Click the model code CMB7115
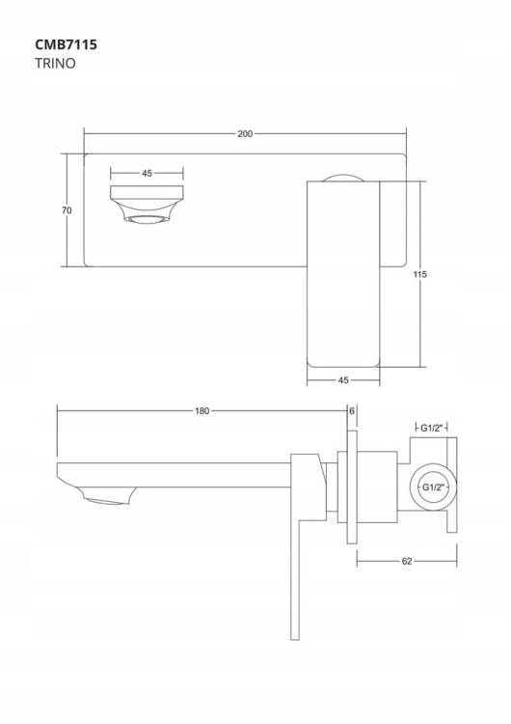(x=66, y=44)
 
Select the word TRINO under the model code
(x=55, y=64)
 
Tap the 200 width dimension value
(x=245, y=134)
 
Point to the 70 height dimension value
(x=67, y=210)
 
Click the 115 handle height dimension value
(x=420, y=274)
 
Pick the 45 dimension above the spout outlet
(x=147, y=174)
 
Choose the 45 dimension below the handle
(x=343, y=380)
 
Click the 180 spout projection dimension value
(x=202, y=410)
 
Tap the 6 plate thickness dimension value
(x=351, y=410)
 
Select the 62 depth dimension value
(x=407, y=562)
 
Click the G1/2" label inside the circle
(x=433, y=487)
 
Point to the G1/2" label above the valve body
(x=432, y=428)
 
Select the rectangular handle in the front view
(x=343, y=274)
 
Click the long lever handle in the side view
(x=296, y=577)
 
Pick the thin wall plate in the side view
(x=352, y=487)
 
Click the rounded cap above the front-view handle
(x=343, y=178)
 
